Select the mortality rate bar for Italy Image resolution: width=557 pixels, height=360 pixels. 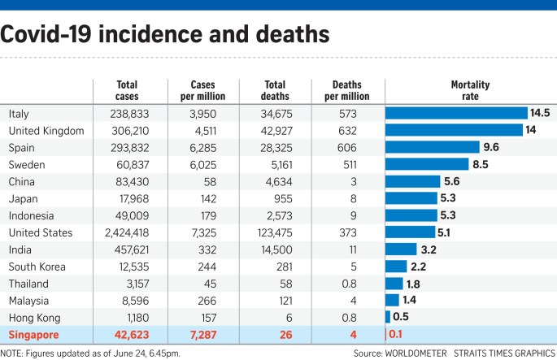456,113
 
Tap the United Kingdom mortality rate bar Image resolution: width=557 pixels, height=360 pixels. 454,130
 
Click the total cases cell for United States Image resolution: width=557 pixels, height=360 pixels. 126,232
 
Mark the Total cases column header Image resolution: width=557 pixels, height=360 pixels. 127,90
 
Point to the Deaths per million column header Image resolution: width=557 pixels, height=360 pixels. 351,90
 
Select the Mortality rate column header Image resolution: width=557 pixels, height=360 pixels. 469,90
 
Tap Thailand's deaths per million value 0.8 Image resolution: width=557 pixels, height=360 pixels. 351,284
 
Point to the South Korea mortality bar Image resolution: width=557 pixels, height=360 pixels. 396,267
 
